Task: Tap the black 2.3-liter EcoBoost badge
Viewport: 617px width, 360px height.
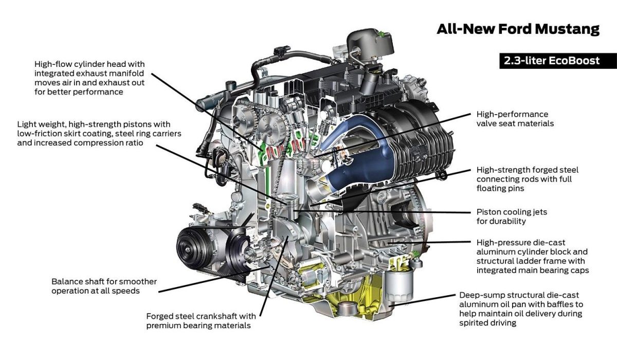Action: [x=558, y=61]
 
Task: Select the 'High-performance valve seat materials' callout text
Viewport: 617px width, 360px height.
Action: [x=515, y=119]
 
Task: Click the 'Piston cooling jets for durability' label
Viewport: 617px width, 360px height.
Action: [x=512, y=217]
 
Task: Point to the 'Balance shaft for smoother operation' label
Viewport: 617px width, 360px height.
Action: [x=104, y=286]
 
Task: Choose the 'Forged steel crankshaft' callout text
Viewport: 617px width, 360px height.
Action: [x=201, y=320]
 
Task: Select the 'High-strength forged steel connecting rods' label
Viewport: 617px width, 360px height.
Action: [x=528, y=179]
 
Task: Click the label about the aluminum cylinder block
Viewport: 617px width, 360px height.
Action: [x=533, y=256]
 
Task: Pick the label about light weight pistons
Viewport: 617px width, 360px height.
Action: [x=99, y=134]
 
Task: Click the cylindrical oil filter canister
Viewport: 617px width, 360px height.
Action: [x=399, y=285]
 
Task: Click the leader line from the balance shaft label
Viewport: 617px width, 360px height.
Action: [x=213, y=279]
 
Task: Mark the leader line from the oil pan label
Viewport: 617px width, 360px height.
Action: [x=422, y=300]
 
